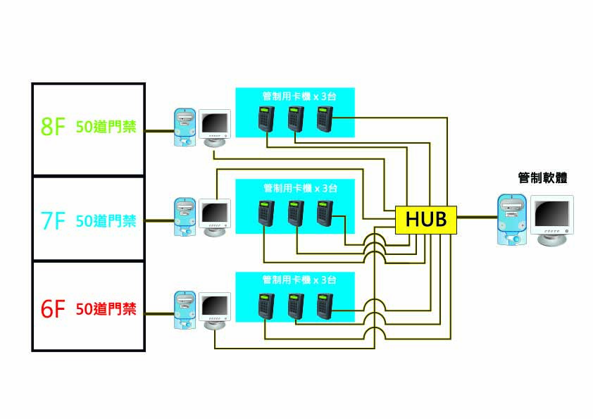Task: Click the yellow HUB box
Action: pos(426,218)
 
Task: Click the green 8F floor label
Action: pos(53,127)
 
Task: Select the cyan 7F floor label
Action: pos(53,221)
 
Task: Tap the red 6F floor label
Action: pos(53,309)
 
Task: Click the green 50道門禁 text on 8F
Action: pos(106,128)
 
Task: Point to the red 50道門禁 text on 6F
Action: pos(106,308)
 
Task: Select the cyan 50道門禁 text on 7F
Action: pos(106,221)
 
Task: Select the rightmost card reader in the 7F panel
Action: pos(325,213)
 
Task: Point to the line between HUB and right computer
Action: pos(476,218)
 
